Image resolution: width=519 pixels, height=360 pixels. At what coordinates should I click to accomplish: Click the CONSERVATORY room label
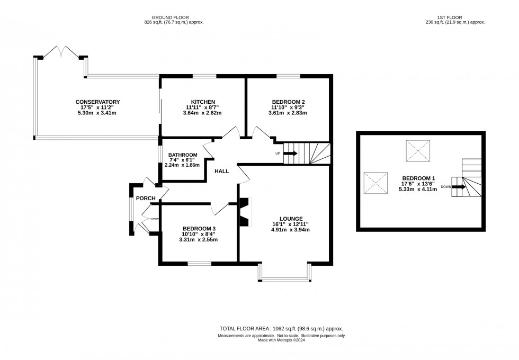point(97,102)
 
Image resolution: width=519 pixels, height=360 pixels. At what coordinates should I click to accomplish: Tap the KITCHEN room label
point(203,102)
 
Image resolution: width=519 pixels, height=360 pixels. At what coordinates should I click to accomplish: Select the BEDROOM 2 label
point(288,102)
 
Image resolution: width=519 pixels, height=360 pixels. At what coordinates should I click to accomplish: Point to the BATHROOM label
point(182,155)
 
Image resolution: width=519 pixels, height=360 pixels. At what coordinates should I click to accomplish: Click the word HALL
point(222,172)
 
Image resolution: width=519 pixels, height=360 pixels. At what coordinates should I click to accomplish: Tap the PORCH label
point(146,199)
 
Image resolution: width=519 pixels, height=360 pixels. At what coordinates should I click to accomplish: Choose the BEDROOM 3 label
point(199,228)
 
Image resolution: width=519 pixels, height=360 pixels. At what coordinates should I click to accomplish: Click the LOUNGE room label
point(291,218)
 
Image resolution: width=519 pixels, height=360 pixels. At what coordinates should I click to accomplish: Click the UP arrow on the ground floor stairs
point(290,154)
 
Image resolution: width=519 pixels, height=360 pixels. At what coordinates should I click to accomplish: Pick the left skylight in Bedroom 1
point(377,184)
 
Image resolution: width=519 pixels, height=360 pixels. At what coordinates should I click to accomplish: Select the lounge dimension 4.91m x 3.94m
point(291,230)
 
